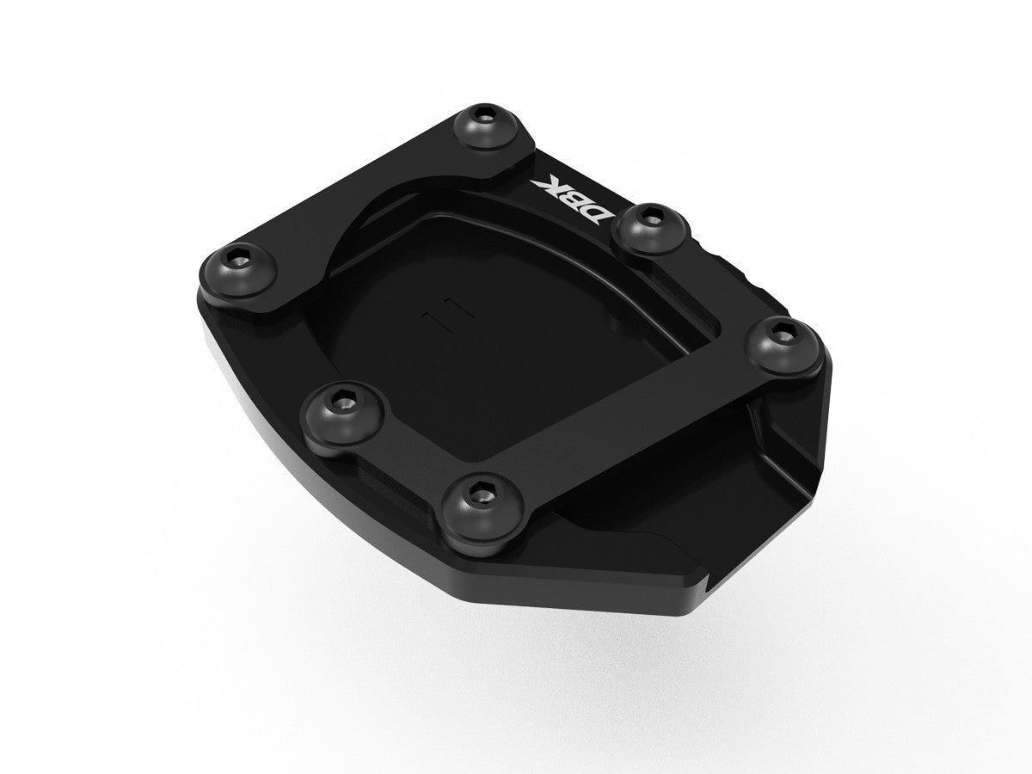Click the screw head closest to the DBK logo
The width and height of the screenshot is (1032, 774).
[642, 226]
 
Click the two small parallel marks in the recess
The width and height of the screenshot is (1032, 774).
[445, 312]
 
